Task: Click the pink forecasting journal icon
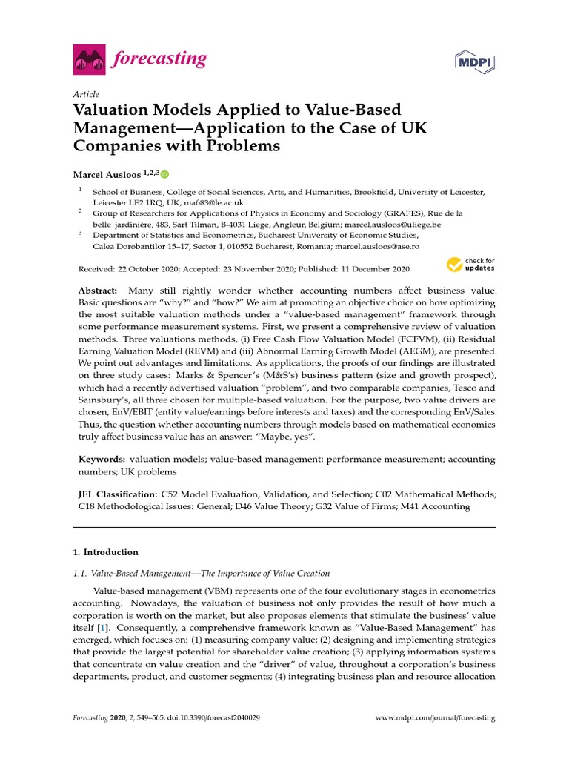89,59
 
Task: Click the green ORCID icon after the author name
164,174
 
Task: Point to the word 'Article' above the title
86,94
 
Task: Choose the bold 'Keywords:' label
102,460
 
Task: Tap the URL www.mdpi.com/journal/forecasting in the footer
436,718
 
